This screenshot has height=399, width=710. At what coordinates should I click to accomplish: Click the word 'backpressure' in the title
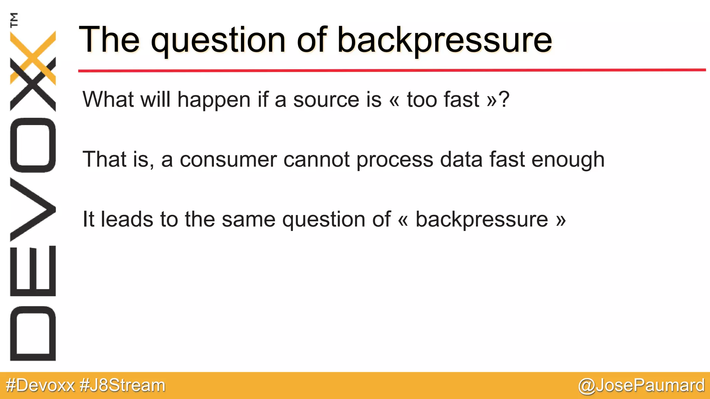click(444, 41)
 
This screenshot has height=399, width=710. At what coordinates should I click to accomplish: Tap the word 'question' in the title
click(218, 41)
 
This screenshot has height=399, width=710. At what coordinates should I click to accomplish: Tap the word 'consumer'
click(228, 160)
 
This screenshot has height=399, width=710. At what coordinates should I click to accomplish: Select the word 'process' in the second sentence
click(395, 160)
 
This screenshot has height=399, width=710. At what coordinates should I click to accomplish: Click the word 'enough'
click(568, 160)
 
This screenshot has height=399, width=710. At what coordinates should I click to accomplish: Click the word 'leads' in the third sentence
click(127, 219)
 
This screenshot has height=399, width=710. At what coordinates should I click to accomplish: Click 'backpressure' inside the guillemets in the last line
click(482, 220)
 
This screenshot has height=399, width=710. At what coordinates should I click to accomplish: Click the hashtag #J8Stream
click(122, 385)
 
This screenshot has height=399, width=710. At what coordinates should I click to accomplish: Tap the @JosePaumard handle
click(641, 385)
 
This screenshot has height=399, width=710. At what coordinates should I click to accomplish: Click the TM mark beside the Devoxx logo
click(14, 20)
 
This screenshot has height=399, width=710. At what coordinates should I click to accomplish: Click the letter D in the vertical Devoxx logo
click(33, 334)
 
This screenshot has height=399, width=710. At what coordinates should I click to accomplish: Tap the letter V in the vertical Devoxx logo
click(33, 209)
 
